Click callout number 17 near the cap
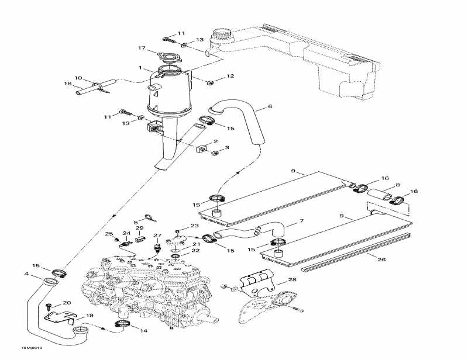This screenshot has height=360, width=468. [141, 48]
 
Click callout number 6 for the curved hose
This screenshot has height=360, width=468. [270, 107]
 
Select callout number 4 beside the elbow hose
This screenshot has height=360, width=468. [26, 274]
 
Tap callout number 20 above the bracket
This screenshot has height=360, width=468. [66, 303]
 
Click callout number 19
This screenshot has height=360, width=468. [89, 316]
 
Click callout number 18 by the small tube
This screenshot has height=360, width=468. [67, 84]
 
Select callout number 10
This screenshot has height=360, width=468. [78, 78]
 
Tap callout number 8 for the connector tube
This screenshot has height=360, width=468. [398, 185]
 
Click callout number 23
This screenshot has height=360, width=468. [194, 226]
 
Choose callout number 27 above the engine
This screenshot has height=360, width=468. [156, 236]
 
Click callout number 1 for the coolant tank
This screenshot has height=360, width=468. [140, 67]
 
